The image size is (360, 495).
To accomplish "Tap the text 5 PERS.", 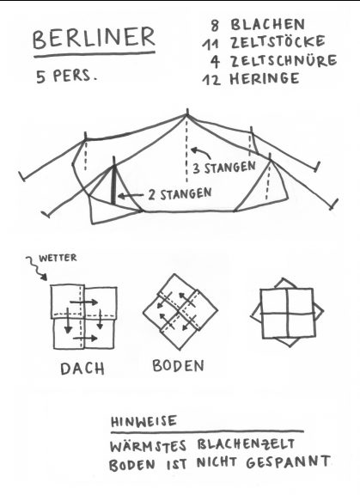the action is point(66,76).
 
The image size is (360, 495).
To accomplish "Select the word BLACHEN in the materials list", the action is point(268,25).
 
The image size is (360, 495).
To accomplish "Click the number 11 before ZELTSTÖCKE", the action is point(211,44).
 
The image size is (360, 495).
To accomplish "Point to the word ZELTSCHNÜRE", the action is point(284,60).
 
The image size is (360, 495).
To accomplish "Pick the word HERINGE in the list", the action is point(265,78).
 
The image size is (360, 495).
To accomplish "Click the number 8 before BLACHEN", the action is point(215,25).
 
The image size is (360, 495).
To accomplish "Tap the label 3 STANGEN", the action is point(224,168).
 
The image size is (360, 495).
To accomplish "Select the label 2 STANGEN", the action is point(180,194).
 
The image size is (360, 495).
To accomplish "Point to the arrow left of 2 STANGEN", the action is point(131,196).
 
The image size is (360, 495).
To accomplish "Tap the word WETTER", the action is point(58,258).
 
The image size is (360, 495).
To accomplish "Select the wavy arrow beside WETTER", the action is point(37,268).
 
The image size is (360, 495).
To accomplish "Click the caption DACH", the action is point(82,369).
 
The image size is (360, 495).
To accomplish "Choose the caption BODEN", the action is point(178,365).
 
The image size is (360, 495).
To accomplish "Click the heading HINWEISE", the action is point(143,421).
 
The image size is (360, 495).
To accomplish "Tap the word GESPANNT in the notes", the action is point(289,462).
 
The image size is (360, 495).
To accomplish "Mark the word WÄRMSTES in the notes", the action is point(149,446).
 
